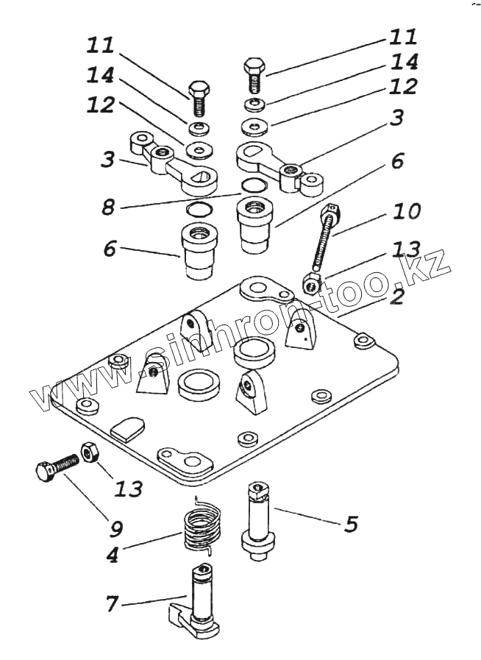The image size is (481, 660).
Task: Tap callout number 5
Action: pos(352,524)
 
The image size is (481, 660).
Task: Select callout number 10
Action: pos(407,212)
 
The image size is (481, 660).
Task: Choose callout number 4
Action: pos(113,554)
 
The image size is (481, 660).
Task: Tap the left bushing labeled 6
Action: pos(199,252)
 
